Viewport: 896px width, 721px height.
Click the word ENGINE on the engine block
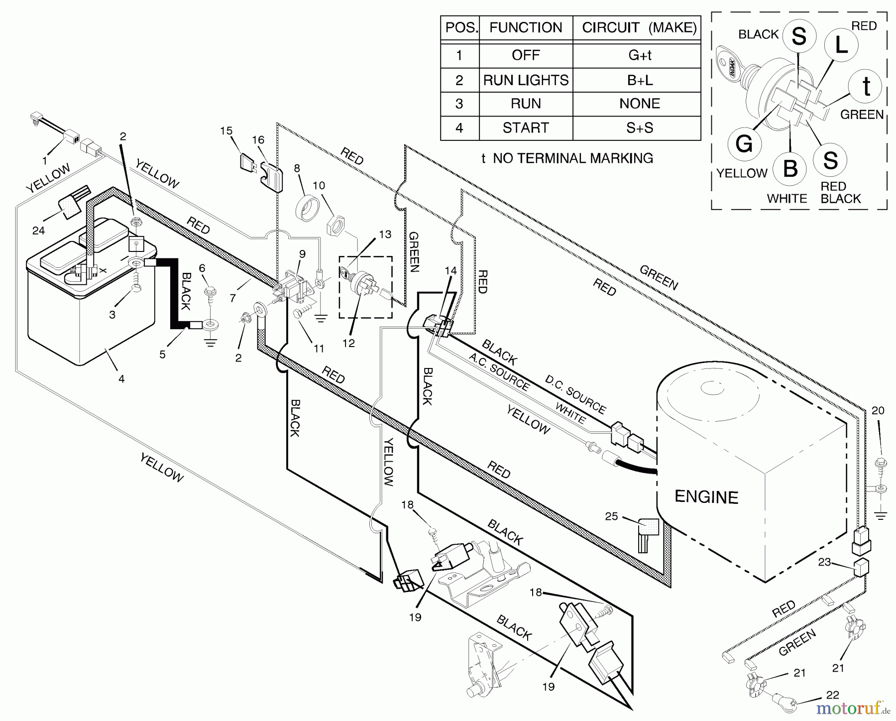tap(706, 497)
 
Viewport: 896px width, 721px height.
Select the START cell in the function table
tap(526, 128)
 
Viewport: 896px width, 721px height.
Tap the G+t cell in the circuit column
tap(640, 55)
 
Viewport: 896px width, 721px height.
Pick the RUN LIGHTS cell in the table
tap(526, 80)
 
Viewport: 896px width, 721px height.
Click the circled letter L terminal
tap(841, 45)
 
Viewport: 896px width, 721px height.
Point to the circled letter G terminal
tap(744, 144)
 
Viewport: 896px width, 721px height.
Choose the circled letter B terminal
tap(790, 168)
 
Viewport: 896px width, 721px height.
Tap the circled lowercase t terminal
tap(866, 87)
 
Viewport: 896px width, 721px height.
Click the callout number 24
tap(38, 230)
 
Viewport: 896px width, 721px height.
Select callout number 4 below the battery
tap(121, 378)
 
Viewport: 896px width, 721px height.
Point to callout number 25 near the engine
tap(611, 516)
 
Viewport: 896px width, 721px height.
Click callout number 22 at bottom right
tap(832, 695)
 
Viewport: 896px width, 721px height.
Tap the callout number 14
tap(450, 270)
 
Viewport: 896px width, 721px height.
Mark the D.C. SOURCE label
tap(575, 394)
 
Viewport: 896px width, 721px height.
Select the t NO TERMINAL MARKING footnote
tap(567, 158)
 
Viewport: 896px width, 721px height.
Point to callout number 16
tap(258, 140)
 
